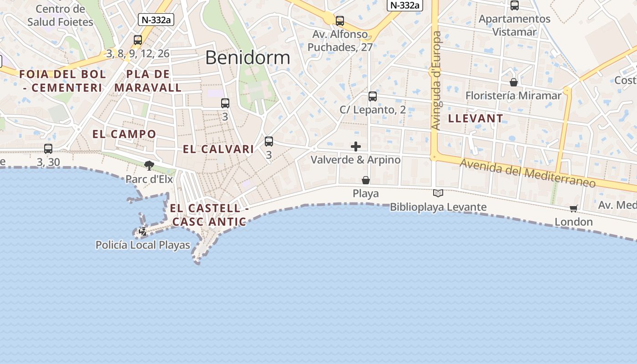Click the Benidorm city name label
click(248, 58)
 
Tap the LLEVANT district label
click(475, 118)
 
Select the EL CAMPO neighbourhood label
click(124, 134)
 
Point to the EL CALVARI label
click(218, 149)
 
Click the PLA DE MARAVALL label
click(148, 81)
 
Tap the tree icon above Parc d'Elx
click(149, 165)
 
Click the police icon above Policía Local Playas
click(142, 231)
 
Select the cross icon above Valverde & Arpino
click(356, 147)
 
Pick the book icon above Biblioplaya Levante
click(438, 193)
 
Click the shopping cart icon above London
click(573, 208)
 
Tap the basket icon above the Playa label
click(366, 180)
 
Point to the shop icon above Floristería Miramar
click(514, 82)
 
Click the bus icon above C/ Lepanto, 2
click(373, 96)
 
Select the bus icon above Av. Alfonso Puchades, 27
click(340, 21)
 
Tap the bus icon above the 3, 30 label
click(48, 148)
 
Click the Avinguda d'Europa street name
click(436, 81)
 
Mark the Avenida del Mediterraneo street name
click(527, 173)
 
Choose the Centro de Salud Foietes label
click(60, 15)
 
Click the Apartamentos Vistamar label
click(515, 25)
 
